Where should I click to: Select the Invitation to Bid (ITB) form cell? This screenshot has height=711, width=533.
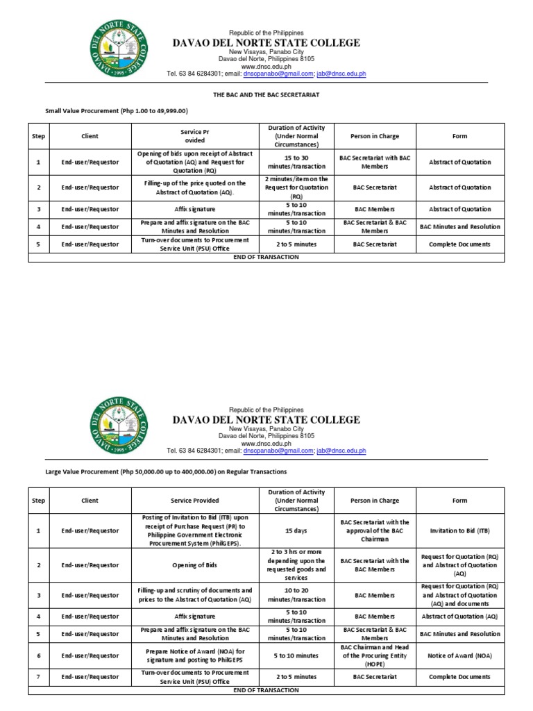(x=459, y=530)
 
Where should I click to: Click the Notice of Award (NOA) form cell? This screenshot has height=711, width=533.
(x=459, y=655)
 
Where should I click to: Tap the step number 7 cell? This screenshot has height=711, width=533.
(x=38, y=676)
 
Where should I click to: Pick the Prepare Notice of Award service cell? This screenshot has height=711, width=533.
(x=195, y=655)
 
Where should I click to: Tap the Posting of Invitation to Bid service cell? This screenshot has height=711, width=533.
(x=195, y=530)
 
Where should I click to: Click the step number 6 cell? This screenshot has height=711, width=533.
(x=38, y=655)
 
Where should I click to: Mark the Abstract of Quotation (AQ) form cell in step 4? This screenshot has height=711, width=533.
(x=459, y=616)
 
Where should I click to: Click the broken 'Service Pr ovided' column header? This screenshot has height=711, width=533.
(x=195, y=136)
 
